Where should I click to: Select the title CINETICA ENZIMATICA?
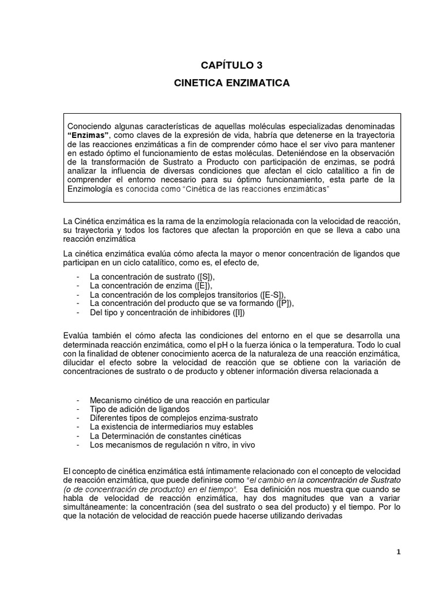232,84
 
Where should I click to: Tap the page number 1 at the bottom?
398,552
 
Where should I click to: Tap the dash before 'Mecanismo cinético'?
78,400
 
